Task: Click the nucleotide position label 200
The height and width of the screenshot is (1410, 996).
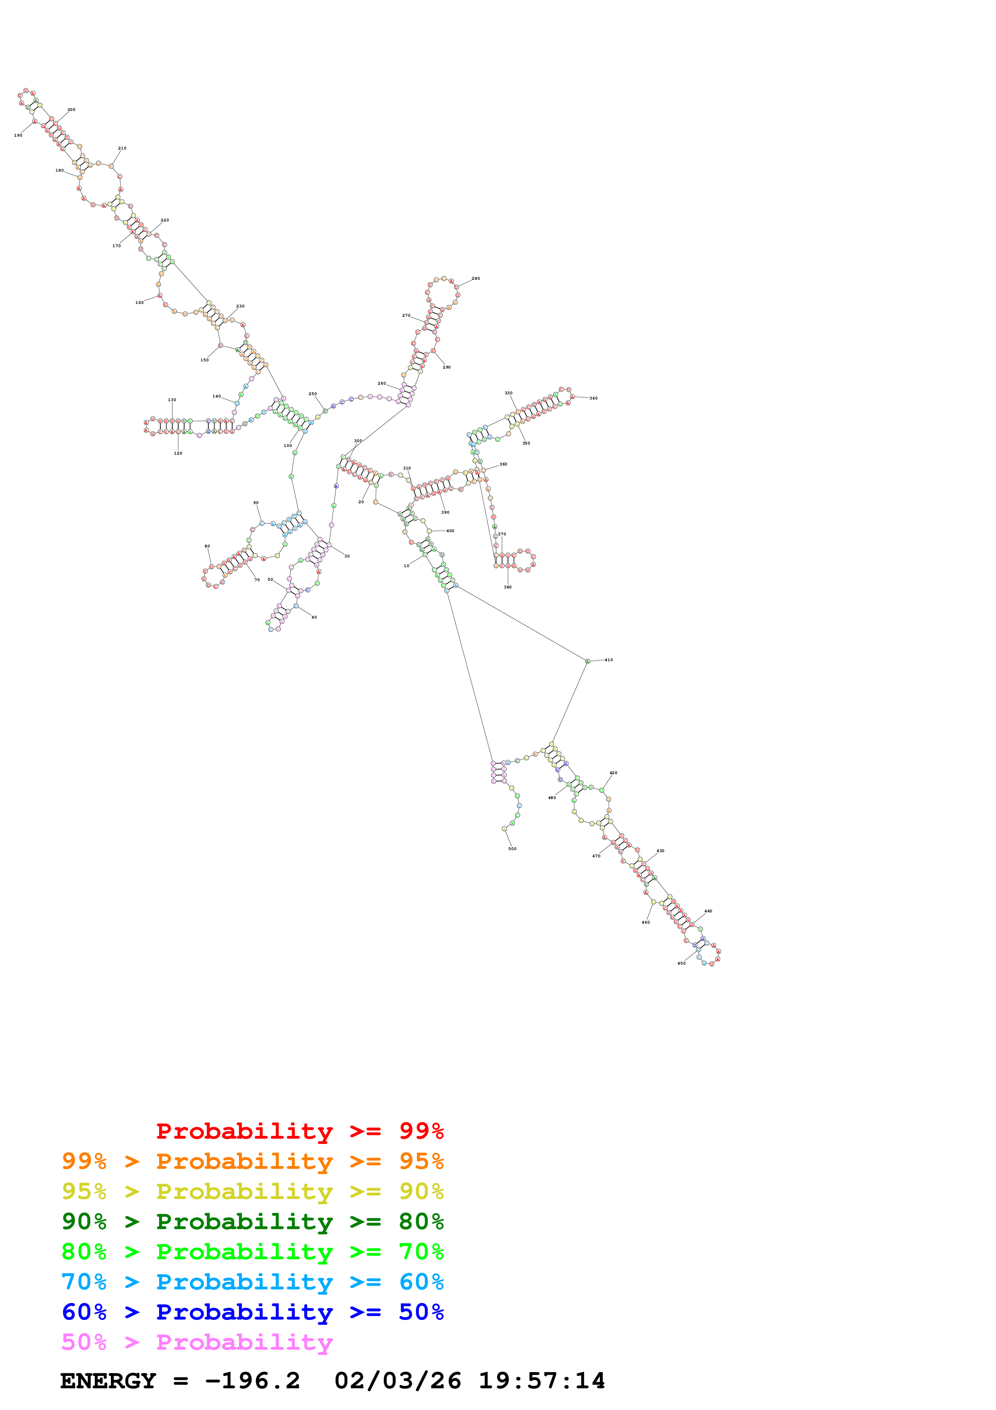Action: point(71,110)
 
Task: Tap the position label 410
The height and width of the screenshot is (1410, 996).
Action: point(608,660)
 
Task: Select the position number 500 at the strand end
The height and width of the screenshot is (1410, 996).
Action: point(512,849)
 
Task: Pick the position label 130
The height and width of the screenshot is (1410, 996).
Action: point(172,400)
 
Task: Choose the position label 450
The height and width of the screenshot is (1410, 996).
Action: point(681,963)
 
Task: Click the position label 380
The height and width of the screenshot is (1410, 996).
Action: point(507,587)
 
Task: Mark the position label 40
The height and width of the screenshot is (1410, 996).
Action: point(314,617)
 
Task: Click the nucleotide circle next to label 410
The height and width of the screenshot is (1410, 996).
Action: point(587,662)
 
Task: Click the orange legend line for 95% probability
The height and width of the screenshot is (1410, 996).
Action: point(252,1161)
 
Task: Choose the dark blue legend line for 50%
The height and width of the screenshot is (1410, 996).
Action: point(252,1312)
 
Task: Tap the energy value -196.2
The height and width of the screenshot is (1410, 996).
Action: point(252,1381)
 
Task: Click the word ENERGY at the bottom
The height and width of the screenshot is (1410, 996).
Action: point(108,1381)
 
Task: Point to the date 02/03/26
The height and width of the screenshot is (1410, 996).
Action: point(398,1381)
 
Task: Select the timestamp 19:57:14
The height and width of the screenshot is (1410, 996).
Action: point(542,1381)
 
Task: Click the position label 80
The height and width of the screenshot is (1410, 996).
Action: point(207,546)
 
